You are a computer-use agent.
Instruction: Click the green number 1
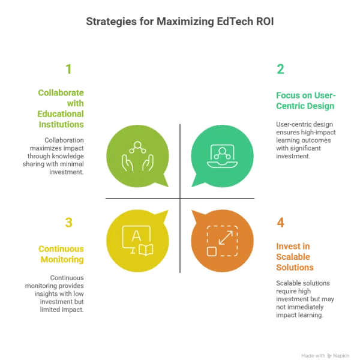[68, 70]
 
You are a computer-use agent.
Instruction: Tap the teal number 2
[280, 70]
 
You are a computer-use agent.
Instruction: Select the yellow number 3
[69, 223]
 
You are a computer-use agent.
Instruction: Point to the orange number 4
[280, 223]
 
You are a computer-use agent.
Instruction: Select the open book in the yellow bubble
[146, 248]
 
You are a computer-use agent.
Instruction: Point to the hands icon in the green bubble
[136, 157]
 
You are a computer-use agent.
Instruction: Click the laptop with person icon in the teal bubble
[222, 156]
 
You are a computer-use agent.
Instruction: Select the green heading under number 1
[59, 108]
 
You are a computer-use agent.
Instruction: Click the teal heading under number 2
[305, 100]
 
